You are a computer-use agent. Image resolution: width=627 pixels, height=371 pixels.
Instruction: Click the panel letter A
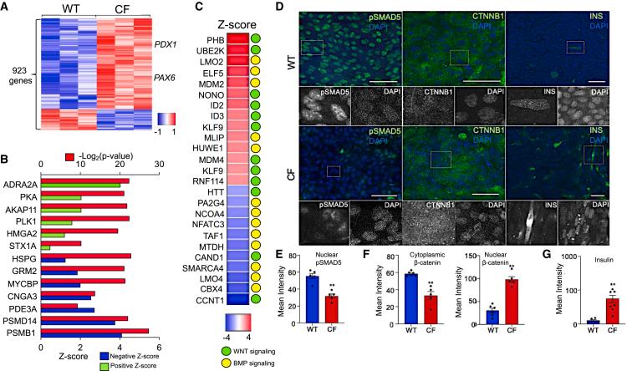tap(6, 8)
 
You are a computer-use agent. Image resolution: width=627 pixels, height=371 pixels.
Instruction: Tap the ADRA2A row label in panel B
tap(19, 181)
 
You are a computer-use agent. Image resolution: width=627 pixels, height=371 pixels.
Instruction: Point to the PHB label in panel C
tap(206, 38)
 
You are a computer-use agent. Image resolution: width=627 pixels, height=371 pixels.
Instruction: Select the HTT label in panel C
tap(206, 192)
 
